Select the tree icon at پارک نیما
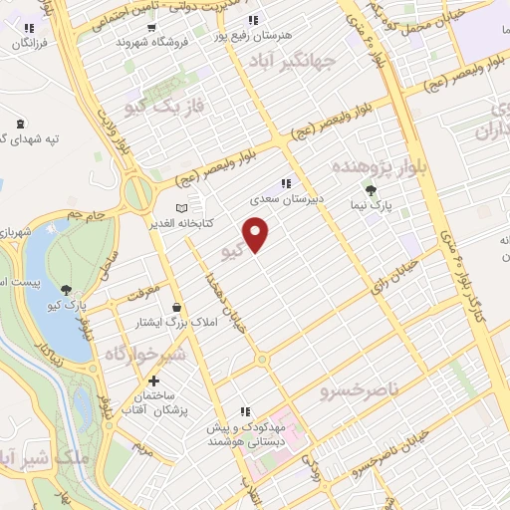[372, 189]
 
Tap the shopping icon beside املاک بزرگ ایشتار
[176, 307]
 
